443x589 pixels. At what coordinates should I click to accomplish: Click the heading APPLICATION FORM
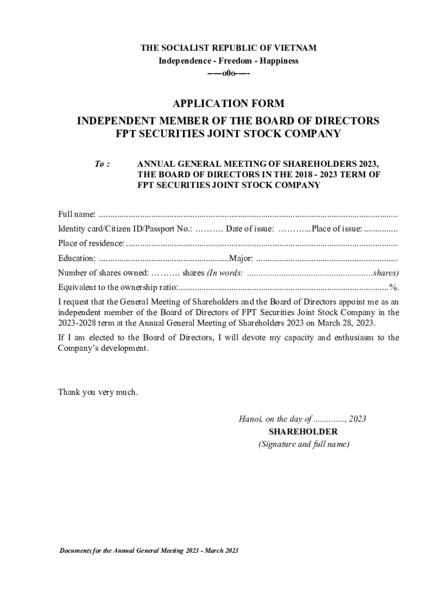pyautogui.click(x=228, y=104)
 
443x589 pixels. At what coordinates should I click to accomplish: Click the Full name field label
pyautogui.click(x=77, y=215)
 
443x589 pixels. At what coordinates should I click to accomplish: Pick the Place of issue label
pyautogui.click(x=337, y=229)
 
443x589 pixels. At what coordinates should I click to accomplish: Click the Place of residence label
pyautogui.click(x=90, y=243)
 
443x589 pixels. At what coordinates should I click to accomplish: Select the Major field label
pyautogui.click(x=241, y=258)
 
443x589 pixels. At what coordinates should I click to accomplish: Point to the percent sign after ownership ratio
pyautogui.click(x=394, y=287)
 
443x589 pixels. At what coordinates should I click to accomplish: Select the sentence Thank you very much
pyautogui.click(x=98, y=392)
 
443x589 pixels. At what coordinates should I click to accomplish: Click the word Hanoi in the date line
pyautogui.click(x=250, y=419)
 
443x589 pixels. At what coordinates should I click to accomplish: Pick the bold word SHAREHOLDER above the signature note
pyautogui.click(x=303, y=431)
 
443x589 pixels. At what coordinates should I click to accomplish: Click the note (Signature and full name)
pyautogui.click(x=303, y=444)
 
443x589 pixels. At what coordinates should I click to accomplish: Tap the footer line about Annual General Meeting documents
pyautogui.click(x=148, y=550)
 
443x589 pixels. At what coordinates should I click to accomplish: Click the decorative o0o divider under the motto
pyautogui.click(x=228, y=74)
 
